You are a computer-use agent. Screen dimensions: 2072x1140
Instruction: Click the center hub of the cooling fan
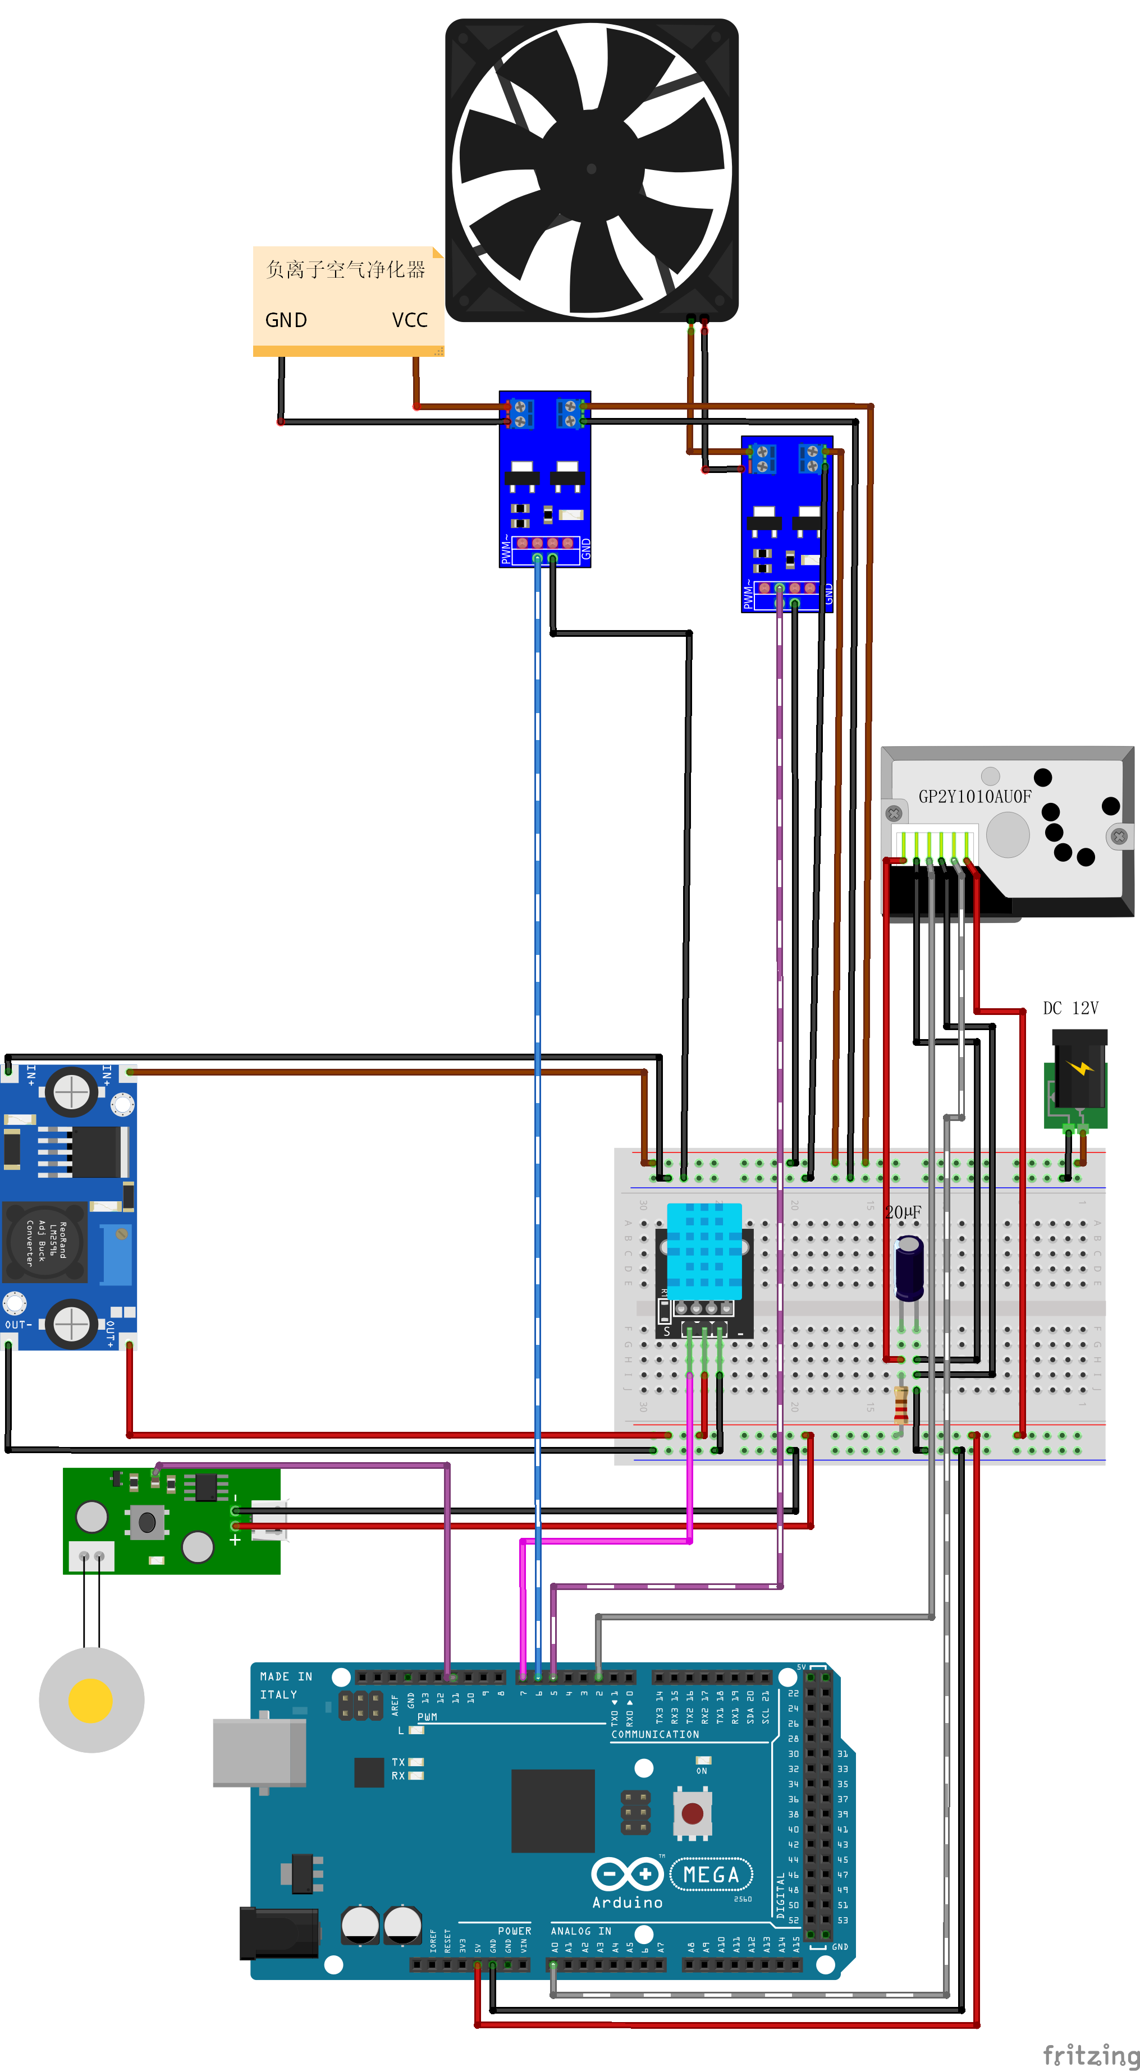[591, 169]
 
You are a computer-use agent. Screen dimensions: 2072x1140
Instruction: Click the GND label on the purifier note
[286, 320]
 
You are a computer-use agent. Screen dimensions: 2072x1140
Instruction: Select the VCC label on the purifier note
[410, 320]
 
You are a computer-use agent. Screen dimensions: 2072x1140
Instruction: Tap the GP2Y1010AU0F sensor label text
[974, 796]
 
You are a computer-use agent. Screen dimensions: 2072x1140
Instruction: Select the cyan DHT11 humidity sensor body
[704, 1251]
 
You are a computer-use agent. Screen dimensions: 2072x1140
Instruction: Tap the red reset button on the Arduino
[692, 1813]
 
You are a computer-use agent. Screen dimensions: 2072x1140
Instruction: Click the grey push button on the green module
[147, 1522]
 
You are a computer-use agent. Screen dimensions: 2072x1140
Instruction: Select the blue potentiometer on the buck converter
[117, 1255]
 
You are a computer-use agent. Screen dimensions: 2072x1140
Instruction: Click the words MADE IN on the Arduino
[286, 1676]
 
